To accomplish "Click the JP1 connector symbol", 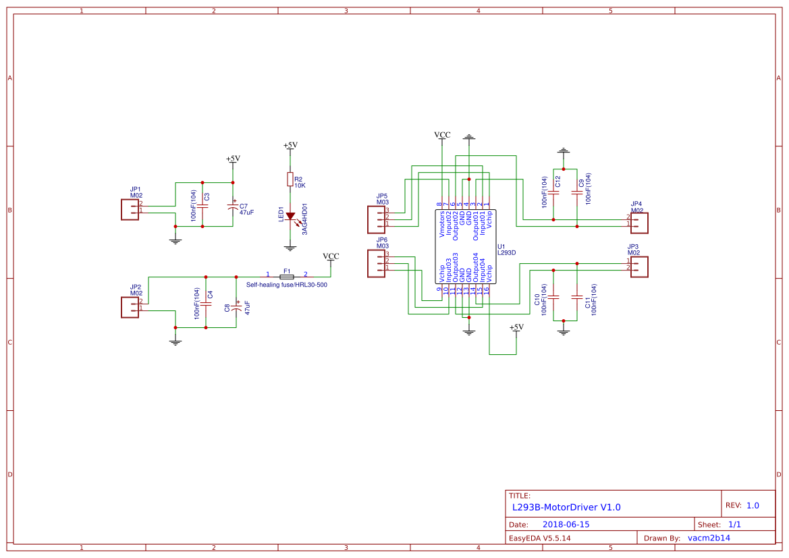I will (129, 209).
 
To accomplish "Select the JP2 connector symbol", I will (129, 308).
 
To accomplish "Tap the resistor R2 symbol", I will (290, 179).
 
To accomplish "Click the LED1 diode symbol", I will (290, 217).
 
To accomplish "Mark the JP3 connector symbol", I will (639, 265).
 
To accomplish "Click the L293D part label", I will (506, 253).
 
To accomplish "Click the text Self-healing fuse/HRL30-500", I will (287, 285).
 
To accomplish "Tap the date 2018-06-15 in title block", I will (566, 524).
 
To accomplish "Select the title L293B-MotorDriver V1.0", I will (566, 507).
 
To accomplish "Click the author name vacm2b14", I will (709, 538).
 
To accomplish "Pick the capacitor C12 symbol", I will (553, 192).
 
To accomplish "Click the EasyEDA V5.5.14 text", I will (539, 538).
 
